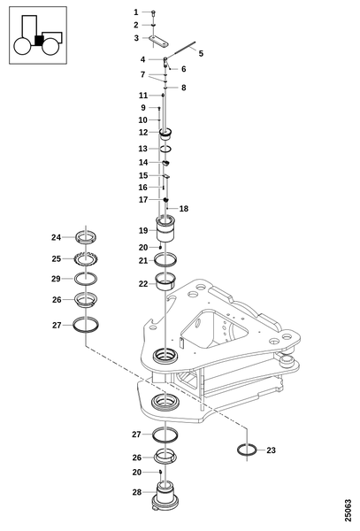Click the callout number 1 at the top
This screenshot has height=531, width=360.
pyautogui.click(x=136, y=12)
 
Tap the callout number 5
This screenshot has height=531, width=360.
pyautogui.click(x=201, y=53)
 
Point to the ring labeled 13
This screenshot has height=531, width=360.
pyautogui.click(x=165, y=149)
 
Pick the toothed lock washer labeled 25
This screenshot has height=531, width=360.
pyautogui.click(x=86, y=259)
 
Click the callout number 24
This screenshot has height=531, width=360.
pyautogui.click(x=56, y=237)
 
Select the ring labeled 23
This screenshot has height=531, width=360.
pyautogui.click(x=248, y=450)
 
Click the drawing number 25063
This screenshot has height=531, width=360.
pyautogui.click(x=349, y=510)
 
